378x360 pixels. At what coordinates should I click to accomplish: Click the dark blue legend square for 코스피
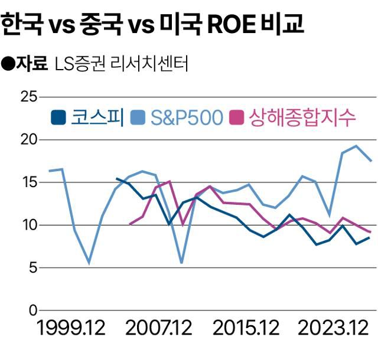pyautogui.click(x=58, y=118)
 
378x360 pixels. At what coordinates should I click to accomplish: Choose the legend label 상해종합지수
pyautogui.click(x=303, y=117)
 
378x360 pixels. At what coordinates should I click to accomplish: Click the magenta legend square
pyautogui.click(x=238, y=118)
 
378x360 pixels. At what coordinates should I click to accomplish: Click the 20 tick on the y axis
pyautogui.click(x=29, y=140)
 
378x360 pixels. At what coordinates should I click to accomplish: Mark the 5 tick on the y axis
pyautogui.click(x=33, y=267)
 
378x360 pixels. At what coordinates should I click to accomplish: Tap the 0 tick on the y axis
pyautogui.click(x=33, y=310)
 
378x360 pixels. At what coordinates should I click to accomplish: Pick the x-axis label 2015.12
pyautogui.click(x=247, y=329)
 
